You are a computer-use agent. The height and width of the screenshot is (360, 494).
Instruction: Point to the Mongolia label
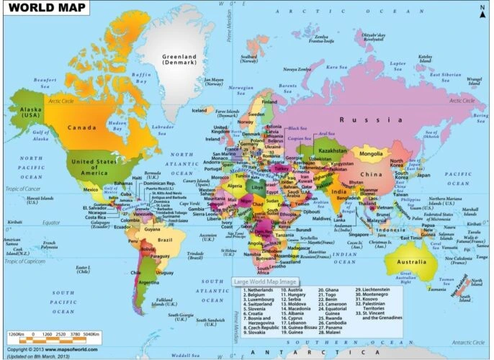[371, 153]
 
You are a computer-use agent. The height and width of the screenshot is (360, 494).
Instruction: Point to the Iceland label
[199, 111]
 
